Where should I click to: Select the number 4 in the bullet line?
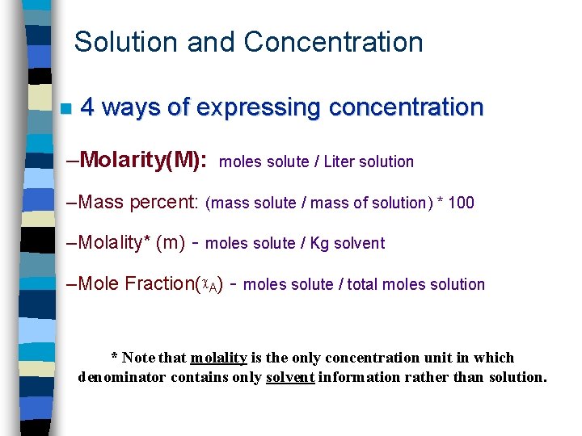pyautogui.click(x=89, y=107)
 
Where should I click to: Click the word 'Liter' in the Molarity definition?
pyautogui.click(x=340, y=161)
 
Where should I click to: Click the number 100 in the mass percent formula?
pyautogui.click(x=460, y=203)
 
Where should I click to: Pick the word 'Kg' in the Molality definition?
pyautogui.click(x=319, y=243)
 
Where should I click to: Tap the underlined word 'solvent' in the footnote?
pyautogui.click(x=290, y=377)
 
